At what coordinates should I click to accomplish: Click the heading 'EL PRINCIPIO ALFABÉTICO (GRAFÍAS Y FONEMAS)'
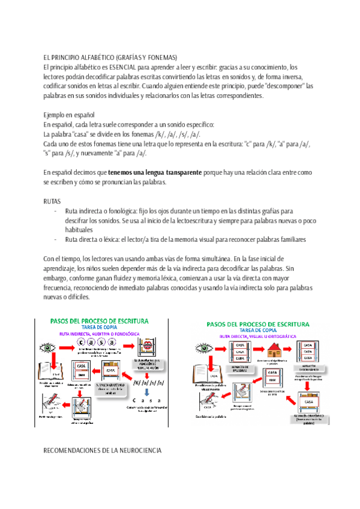tap(110, 57)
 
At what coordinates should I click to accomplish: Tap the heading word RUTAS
tap(53, 202)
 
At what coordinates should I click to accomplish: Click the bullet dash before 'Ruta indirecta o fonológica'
tap(55, 211)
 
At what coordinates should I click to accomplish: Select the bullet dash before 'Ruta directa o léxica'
tap(55, 239)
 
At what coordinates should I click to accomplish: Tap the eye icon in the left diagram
tap(47, 347)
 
